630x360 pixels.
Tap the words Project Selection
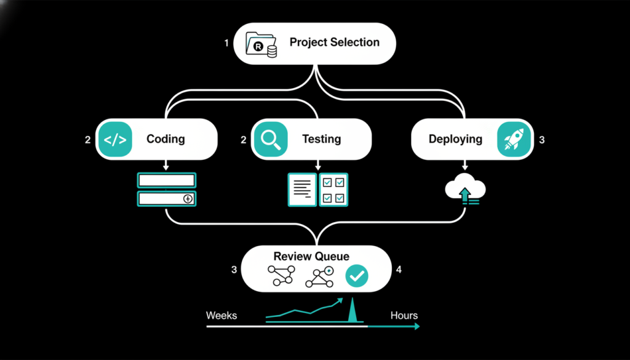click(334, 43)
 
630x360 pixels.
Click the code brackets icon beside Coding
click(115, 140)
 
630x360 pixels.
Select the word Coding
click(165, 139)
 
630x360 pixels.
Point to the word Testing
click(321, 139)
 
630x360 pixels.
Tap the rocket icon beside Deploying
click(514, 140)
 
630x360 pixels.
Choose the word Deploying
click(455, 139)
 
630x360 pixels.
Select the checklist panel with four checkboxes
click(333, 190)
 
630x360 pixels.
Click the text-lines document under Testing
click(302, 190)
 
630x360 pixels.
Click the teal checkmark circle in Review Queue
click(357, 277)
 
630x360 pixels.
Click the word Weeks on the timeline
click(221, 316)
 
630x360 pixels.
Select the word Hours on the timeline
click(404, 316)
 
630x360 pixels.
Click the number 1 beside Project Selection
click(226, 43)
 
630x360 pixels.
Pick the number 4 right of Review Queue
click(399, 270)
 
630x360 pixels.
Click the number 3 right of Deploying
click(541, 140)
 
